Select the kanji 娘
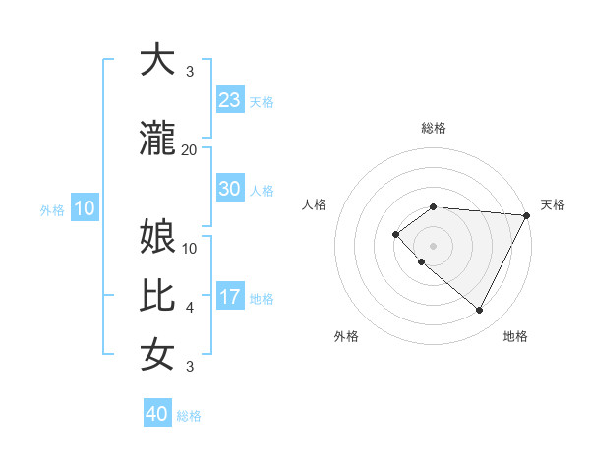(x=157, y=237)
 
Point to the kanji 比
(x=157, y=296)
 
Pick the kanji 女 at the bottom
(x=157, y=354)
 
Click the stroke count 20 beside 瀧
(x=189, y=149)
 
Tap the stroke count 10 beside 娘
(x=190, y=248)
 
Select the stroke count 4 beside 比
(x=190, y=308)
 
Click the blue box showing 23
(x=229, y=100)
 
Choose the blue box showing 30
(x=229, y=189)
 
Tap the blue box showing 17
(x=229, y=297)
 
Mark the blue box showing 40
(x=157, y=414)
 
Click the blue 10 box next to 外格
(x=84, y=208)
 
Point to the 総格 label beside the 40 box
(x=189, y=416)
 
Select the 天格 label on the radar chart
(x=553, y=204)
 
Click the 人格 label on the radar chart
(x=315, y=204)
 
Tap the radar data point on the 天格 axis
(x=527, y=215)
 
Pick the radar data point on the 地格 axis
(x=479, y=310)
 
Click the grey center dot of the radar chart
(x=433, y=245)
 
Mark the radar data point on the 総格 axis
(x=433, y=206)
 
